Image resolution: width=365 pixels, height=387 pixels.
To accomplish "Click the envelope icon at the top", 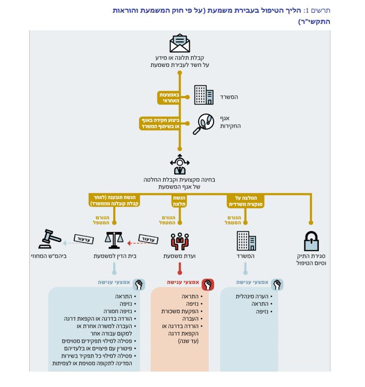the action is pos(180,43).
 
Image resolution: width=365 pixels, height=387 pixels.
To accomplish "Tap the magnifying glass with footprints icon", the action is pos(203,124).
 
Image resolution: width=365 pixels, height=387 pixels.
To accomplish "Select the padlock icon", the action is pos(311,241).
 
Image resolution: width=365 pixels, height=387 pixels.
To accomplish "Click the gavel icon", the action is pos(49,239).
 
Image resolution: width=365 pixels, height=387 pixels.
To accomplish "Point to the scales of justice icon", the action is pos(114,240).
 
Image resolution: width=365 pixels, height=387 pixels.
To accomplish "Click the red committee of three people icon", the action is pos(180,242).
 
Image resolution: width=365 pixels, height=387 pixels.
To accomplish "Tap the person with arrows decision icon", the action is pos(180,165).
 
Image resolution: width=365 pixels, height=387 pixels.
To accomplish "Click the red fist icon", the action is pos(208,285).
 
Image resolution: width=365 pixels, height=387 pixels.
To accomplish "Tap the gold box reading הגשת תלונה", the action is pos(179,201).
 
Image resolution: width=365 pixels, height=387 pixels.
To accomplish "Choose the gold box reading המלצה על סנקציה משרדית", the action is pos(245,201).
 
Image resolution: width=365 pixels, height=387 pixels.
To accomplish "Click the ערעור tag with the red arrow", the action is pos(148,239).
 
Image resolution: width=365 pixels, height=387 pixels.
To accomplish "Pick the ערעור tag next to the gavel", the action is pos(84,239).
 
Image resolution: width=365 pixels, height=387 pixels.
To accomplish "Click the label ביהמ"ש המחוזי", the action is pos(49,256).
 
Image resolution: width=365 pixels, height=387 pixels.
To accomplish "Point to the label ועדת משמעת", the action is pos(180,256).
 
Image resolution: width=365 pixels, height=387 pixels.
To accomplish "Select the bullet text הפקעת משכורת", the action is pos(180,311).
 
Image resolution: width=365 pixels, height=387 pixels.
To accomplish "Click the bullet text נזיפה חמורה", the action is pos(118,311).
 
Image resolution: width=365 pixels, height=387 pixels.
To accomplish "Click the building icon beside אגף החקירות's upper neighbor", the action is pos(203,95).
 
